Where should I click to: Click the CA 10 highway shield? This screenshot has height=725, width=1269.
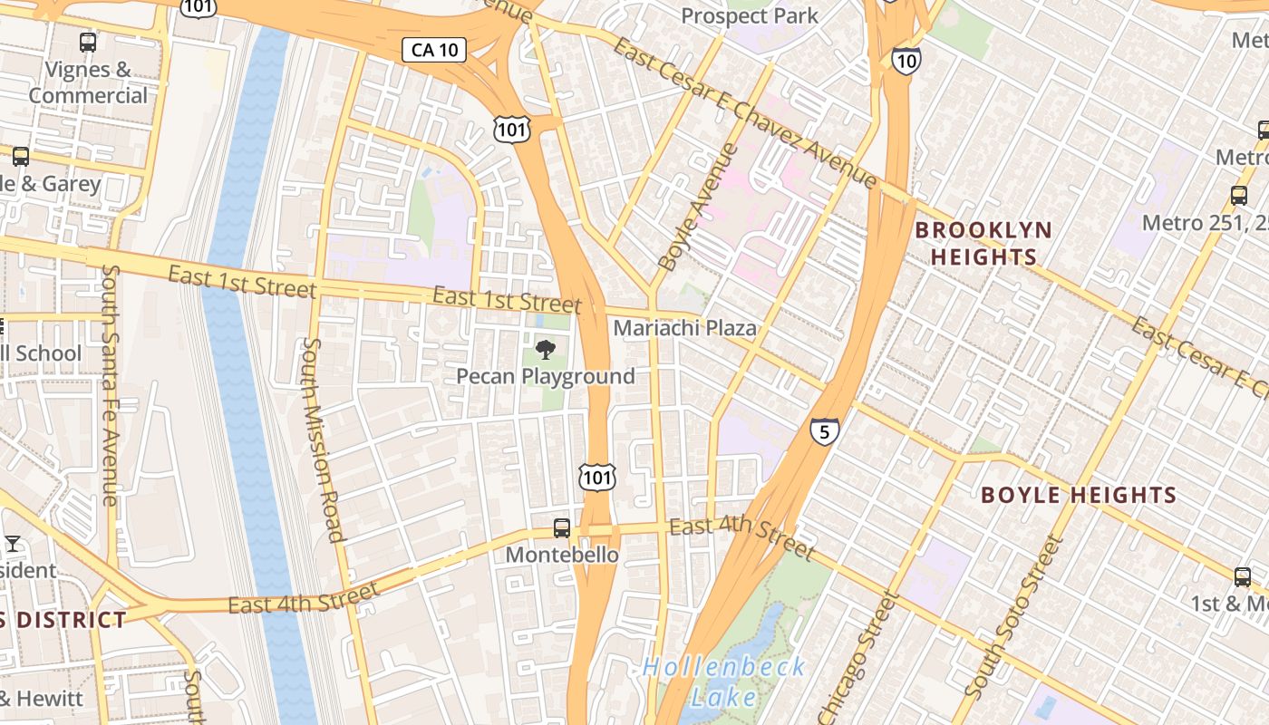[x=434, y=50]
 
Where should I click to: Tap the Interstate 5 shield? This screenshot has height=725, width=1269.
[x=824, y=431]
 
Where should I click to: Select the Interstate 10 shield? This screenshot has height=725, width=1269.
[x=906, y=61]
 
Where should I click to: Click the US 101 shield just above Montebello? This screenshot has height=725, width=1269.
[x=597, y=477]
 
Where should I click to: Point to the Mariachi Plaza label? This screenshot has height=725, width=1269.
[x=684, y=328]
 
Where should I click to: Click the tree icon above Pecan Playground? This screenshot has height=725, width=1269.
[x=545, y=349]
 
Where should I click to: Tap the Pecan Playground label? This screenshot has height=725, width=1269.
[x=545, y=376]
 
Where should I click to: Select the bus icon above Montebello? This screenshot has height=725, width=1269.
[x=562, y=528]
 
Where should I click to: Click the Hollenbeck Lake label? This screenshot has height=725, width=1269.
[x=723, y=681]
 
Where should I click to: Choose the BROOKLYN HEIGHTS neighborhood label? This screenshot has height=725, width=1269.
[x=983, y=243]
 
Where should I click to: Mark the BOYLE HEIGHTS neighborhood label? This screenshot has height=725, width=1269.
[x=1079, y=496]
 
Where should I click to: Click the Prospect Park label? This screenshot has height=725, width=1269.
[x=749, y=16]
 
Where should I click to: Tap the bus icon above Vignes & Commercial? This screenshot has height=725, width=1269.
[x=88, y=42]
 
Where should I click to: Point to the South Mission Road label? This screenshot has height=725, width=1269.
[x=324, y=440]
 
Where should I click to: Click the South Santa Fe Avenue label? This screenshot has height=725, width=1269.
[x=110, y=385]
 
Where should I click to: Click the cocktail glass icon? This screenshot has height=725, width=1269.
[x=13, y=544]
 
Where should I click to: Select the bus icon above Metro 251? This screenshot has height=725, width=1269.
[x=1239, y=195]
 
